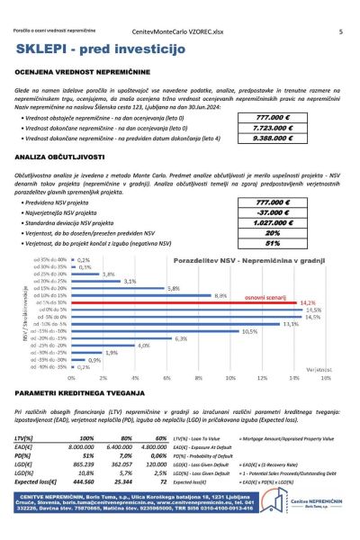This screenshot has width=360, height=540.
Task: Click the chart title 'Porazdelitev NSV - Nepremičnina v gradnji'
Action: [x=233, y=258]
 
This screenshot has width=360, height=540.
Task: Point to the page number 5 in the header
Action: [x=340, y=31]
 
